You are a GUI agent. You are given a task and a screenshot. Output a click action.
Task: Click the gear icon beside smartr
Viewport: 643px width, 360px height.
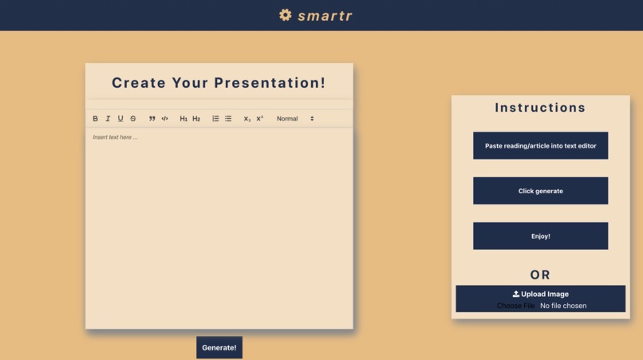(x=286, y=15)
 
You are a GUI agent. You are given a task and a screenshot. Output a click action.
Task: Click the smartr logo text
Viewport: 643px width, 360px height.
(x=325, y=15)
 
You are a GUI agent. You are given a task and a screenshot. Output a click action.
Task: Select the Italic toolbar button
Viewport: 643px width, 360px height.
(x=108, y=119)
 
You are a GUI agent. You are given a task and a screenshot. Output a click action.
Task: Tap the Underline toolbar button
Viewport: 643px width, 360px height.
(x=120, y=119)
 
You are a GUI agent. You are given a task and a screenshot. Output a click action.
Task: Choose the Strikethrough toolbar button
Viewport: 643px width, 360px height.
(x=133, y=119)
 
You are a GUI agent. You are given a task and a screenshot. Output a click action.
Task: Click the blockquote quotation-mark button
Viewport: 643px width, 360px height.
(x=152, y=119)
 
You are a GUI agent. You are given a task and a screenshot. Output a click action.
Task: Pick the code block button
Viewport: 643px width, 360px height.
(x=165, y=119)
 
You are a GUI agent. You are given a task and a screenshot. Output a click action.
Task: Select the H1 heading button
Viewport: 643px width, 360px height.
(x=183, y=119)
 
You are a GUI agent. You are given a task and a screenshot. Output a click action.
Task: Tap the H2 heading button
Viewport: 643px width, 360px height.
(x=196, y=119)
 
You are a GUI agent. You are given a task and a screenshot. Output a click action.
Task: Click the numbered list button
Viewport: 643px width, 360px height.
(x=215, y=119)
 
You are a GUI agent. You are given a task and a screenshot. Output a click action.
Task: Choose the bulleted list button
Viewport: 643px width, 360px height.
(x=228, y=119)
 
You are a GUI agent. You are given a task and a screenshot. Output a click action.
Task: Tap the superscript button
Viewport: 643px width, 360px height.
(x=260, y=118)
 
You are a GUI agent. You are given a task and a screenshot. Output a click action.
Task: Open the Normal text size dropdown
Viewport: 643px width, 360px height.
(x=295, y=119)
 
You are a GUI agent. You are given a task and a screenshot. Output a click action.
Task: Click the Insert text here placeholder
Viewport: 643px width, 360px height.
(x=115, y=137)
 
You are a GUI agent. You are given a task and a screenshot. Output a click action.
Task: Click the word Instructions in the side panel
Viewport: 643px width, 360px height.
(x=540, y=108)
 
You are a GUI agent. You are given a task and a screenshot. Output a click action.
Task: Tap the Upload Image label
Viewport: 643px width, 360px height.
(x=541, y=294)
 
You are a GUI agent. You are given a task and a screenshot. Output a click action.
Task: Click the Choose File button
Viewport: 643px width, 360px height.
(x=515, y=306)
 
